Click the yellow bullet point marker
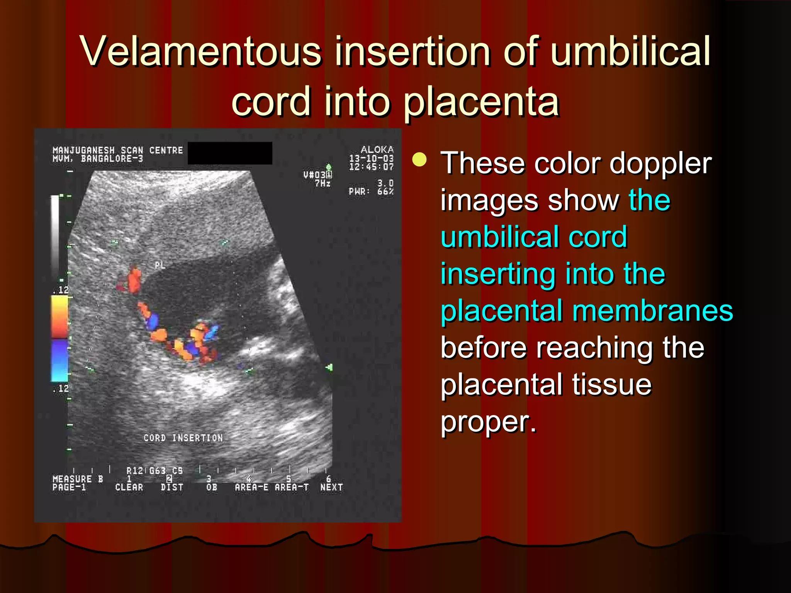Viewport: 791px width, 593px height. pyautogui.click(x=419, y=159)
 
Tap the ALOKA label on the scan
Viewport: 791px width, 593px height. pyautogui.click(x=377, y=150)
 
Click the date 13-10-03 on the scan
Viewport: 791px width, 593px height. pyautogui.click(x=371, y=158)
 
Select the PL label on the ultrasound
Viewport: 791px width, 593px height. pyautogui.click(x=160, y=265)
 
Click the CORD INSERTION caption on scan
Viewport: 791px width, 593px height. pyautogui.click(x=183, y=438)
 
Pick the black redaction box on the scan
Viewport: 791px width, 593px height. pyautogui.click(x=230, y=153)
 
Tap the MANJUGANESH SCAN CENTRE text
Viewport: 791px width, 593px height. pyautogui.click(x=117, y=150)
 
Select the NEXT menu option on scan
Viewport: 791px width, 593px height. pyautogui.click(x=331, y=487)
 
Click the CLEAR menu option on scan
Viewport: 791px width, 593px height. pyautogui.click(x=129, y=487)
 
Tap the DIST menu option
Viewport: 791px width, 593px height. pyautogui.click(x=172, y=487)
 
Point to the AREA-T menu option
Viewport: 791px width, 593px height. pyautogui.click(x=292, y=487)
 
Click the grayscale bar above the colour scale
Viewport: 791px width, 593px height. pyautogui.click(x=55, y=236)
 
